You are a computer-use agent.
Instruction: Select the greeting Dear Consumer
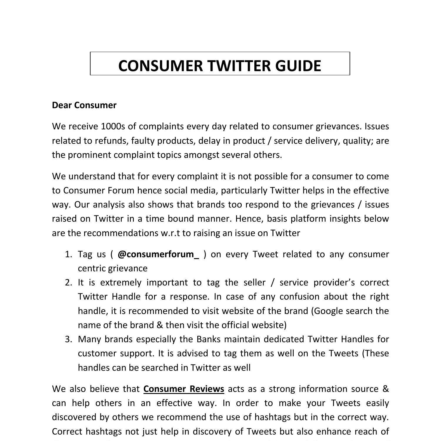(x=84, y=105)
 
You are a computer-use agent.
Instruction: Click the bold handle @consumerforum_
(x=158, y=254)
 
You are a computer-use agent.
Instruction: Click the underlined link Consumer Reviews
(x=184, y=389)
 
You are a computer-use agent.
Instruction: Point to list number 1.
(x=68, y=254)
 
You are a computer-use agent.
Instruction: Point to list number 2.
(x=68, y=283)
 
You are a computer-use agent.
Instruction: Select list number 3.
(x=68, y=339)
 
